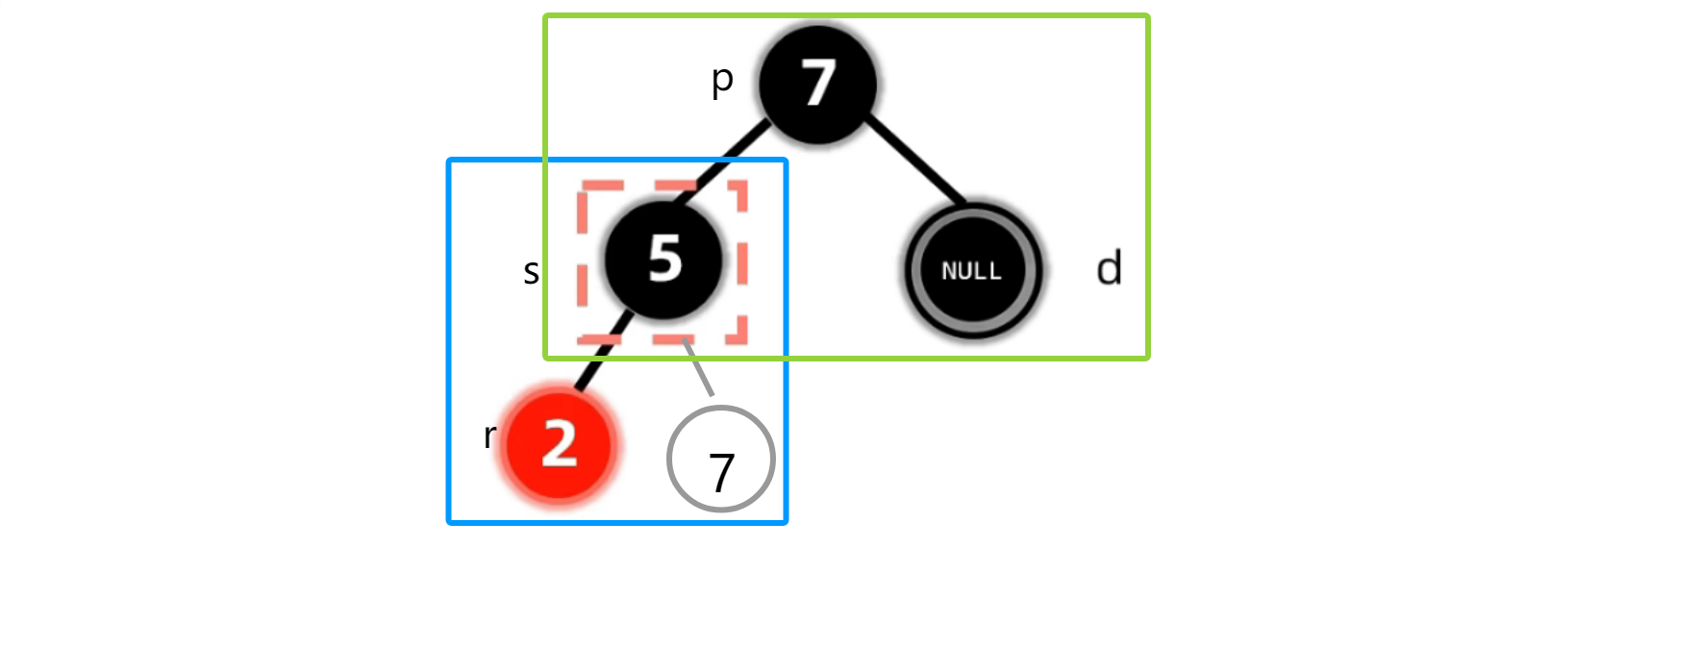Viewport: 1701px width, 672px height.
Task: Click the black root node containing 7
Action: [x=817, y=84]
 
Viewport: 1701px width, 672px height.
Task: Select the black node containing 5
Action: [x=663, y=260]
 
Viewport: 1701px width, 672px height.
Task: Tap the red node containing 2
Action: [x=559, y=444]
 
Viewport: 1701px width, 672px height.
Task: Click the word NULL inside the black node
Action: [x=971, y=271]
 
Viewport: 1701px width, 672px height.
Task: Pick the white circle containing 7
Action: [x=720, y=460]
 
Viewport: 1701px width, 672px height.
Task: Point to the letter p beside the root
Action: [x=722, y=80]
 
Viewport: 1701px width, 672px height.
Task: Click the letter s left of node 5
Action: [x=531, y=272]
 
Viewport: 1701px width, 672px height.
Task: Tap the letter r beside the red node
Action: [x=489, y=436]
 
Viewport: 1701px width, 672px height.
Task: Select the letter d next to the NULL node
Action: [x=1109, y=268]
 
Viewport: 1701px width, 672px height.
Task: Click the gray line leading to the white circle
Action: [x=699, y=368]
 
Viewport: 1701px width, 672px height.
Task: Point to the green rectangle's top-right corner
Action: [x=1147, y=16]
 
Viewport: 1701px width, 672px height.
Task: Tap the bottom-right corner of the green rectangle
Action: [x=1147, y=358]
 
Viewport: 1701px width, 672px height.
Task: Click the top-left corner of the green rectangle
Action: [x=546, y=16]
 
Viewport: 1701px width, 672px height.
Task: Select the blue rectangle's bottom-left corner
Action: [x=450, y=522]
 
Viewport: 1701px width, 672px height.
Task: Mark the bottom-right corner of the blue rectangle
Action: [x=786, y=522]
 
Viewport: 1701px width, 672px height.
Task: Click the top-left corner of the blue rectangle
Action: [x=450, y=161]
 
